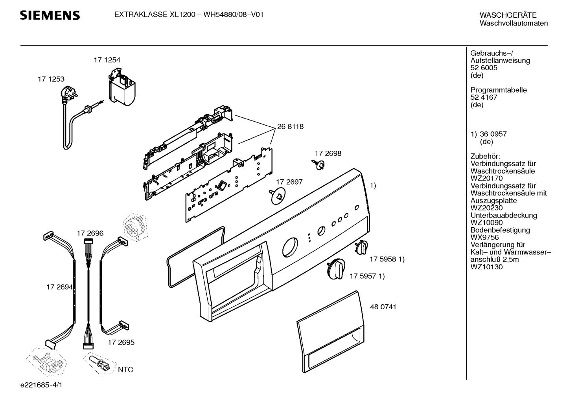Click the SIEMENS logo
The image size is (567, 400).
point(50,15)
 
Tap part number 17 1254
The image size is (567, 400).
point(107,60)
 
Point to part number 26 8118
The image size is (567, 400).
point(290,127)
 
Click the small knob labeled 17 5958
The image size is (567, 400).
point(361,247)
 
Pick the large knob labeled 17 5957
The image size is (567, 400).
point(336,269)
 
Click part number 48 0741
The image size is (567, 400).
point(383,307)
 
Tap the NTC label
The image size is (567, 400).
point(125,370)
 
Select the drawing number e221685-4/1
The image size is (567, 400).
point(41,385)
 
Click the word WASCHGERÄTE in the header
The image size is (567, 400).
point(508,15)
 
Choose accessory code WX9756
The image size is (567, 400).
point(484,237)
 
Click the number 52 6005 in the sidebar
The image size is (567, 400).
point(484,68)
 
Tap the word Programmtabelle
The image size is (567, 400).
point(499,90)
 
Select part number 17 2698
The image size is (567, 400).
point(328,153)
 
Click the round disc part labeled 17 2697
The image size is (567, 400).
point(278,196)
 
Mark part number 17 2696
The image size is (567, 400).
point(90,233)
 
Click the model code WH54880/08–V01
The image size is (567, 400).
point(234,15)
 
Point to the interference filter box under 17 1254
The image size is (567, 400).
point(122,87)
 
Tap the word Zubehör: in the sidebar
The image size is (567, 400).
point(485,156)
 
